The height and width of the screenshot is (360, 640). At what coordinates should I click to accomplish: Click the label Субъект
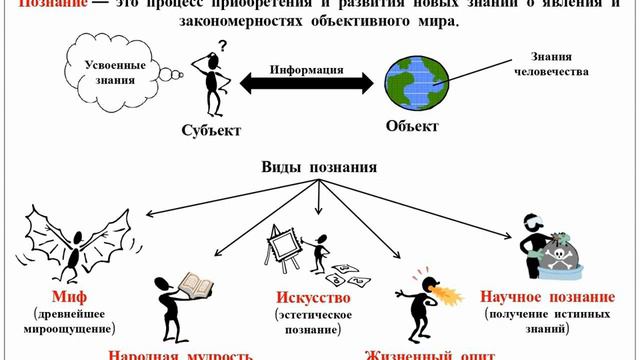[x=210, y=131]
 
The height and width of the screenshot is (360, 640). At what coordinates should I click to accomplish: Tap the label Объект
[x=412, y=127]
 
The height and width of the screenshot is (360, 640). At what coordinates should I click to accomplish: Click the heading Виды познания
[x=318, y=167]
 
